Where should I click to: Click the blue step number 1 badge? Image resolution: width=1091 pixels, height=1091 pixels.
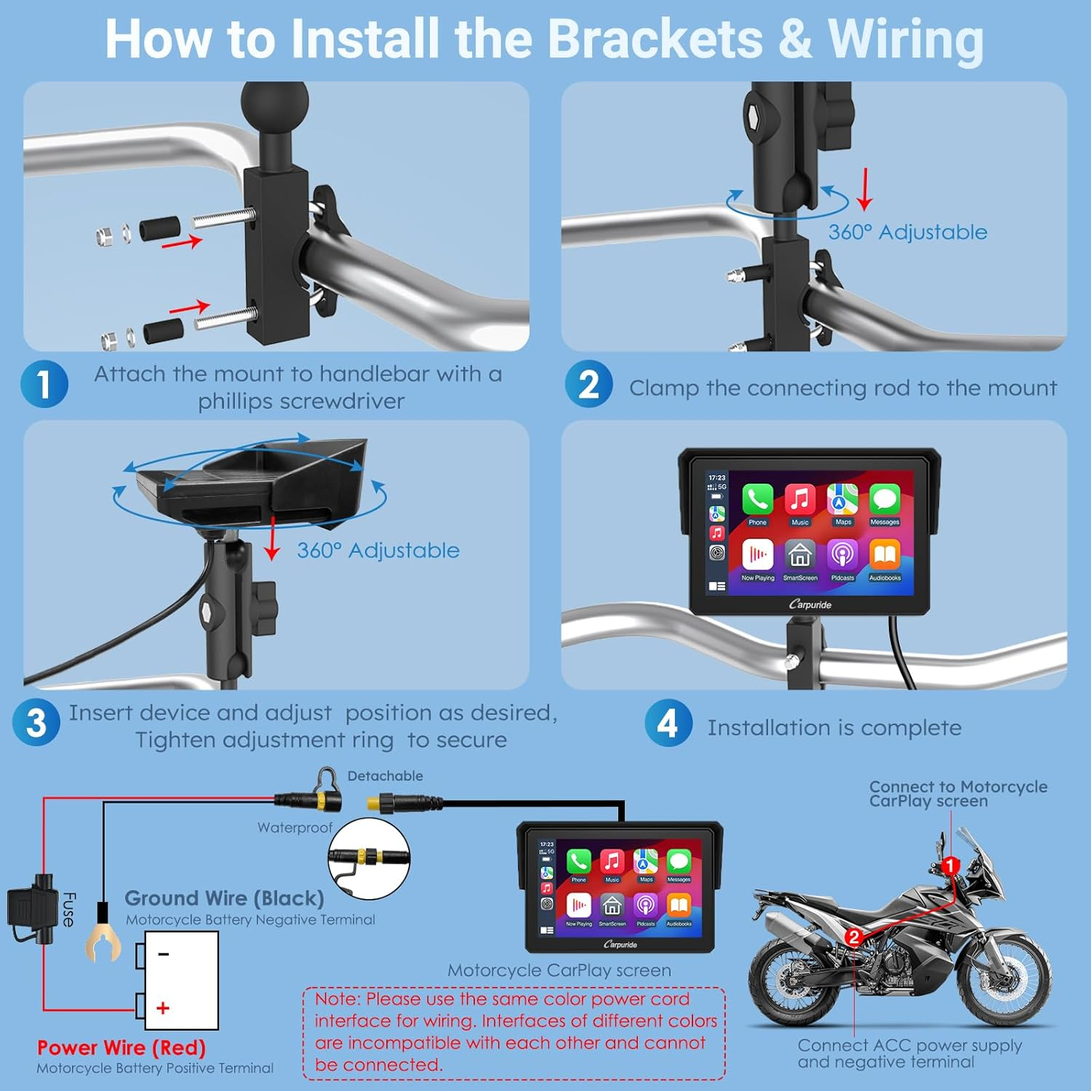point(44,384)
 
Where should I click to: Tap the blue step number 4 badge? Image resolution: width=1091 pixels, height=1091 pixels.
point(668,723)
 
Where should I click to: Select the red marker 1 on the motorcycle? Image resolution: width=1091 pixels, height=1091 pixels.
point(950,866)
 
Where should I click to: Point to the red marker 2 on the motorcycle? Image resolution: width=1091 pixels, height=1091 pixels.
point(855,938)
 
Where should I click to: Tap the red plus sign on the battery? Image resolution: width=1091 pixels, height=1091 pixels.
point(163,1008)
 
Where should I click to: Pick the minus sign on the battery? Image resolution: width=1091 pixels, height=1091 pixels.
point(164,954)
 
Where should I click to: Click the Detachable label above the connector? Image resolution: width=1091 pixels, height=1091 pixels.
point(385,776)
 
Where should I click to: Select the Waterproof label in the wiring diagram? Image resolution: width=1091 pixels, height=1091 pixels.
point(295,828)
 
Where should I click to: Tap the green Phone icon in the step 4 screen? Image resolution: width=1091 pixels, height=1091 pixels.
point(757,500)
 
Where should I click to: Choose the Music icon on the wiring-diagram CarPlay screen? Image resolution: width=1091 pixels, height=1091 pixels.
point(612,861)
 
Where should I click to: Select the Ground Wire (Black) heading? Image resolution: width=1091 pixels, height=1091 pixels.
point(224,898)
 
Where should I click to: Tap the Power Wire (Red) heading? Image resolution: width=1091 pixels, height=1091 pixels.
point(121,1048)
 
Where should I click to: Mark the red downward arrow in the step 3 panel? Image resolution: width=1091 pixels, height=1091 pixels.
point(272,537)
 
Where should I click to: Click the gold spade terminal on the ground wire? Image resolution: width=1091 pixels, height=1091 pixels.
point(103,941)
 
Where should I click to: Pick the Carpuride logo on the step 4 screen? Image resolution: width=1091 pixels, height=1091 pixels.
point(810,604)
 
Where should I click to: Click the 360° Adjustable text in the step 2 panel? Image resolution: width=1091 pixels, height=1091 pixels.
point(908,232)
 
